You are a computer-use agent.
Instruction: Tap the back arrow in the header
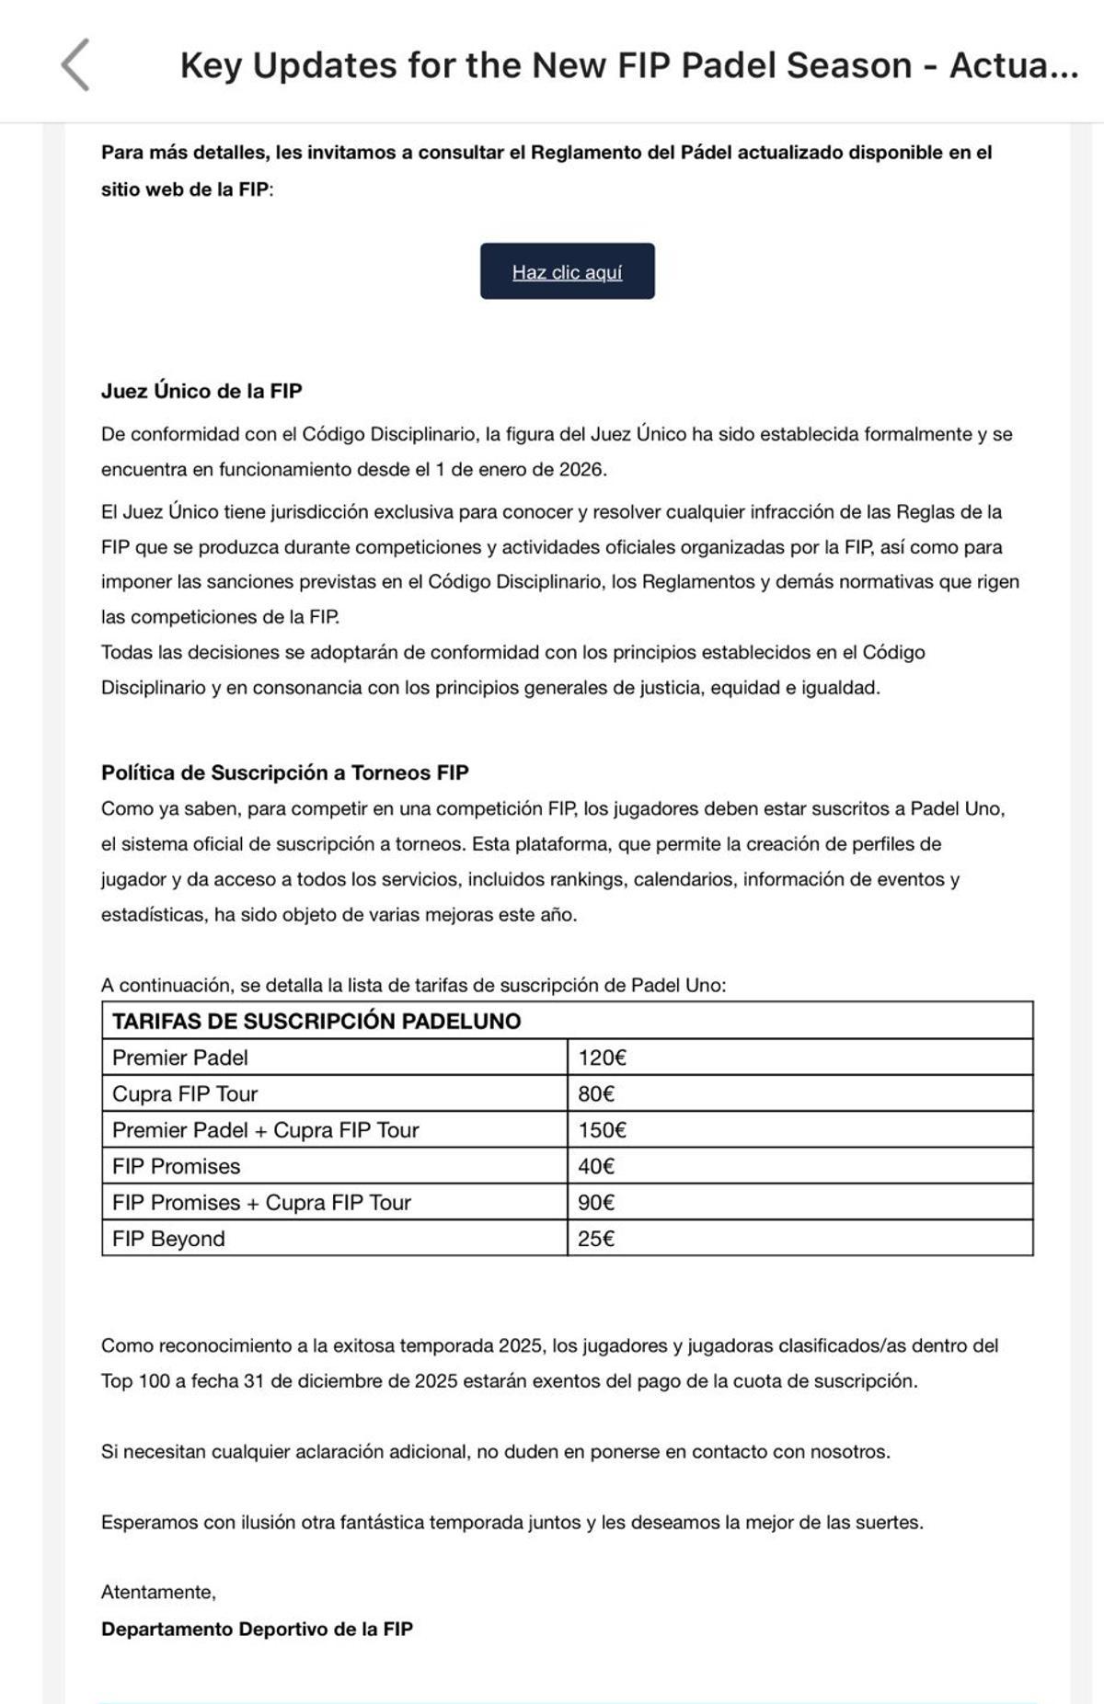[75, 65]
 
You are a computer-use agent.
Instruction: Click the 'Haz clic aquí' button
[567, 271]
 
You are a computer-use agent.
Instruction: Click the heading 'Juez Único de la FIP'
[201, 391]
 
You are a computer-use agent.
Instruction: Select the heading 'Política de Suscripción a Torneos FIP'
[284, 772]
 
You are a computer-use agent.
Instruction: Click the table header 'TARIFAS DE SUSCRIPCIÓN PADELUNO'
[316, 1021]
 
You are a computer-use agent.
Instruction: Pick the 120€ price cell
[602, 1058]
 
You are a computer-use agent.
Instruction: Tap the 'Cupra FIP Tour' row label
[185, 1093]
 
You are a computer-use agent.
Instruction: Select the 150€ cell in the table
[602, 1130]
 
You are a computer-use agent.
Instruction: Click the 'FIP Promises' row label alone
[176, 1166]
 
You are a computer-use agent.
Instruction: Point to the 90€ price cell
[596, 1203]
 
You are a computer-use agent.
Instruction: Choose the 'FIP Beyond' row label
[168, 1239]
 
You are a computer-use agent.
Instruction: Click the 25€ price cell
[596, 1239]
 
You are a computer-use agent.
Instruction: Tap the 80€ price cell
[596, 1093]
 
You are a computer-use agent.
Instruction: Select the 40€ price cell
[596, 1166]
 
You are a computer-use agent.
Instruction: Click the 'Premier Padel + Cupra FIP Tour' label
[265, 1130]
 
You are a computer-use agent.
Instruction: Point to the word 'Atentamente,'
[158, 1592]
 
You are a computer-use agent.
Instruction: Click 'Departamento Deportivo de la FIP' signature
[257, 1629]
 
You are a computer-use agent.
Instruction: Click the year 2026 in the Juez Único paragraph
[581, 469]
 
